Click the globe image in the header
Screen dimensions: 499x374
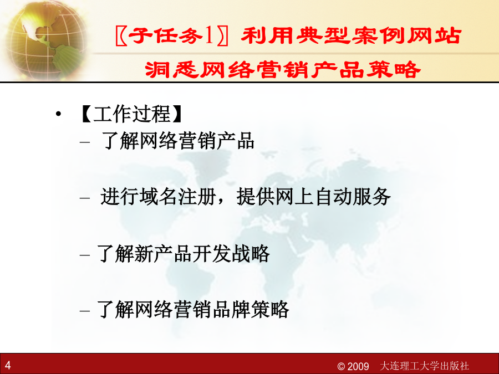click(x=46, y=40)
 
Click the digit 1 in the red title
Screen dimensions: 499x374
click(x=209, y=35)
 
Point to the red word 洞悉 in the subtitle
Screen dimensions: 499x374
click(x=171, y=69)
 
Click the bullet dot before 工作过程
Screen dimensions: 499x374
click(x=58, y=114)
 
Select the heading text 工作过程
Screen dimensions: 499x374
click(x=131, y=114)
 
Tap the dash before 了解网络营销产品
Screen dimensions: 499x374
click(x=85, y=142)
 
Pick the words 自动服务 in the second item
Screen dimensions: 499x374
click(x=352, y=197)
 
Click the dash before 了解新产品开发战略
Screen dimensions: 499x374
click(x=85, y=255)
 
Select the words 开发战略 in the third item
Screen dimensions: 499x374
click(x=231, y=254)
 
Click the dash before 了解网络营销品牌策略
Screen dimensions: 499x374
click(x=85, y=310)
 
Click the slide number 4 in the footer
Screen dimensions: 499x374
click(x=8, y=365)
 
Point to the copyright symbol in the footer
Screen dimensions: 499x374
click(x=341, y=366)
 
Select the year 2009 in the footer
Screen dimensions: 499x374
click(x=358, y=366)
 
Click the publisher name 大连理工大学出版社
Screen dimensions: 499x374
click(x=424, y=366)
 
